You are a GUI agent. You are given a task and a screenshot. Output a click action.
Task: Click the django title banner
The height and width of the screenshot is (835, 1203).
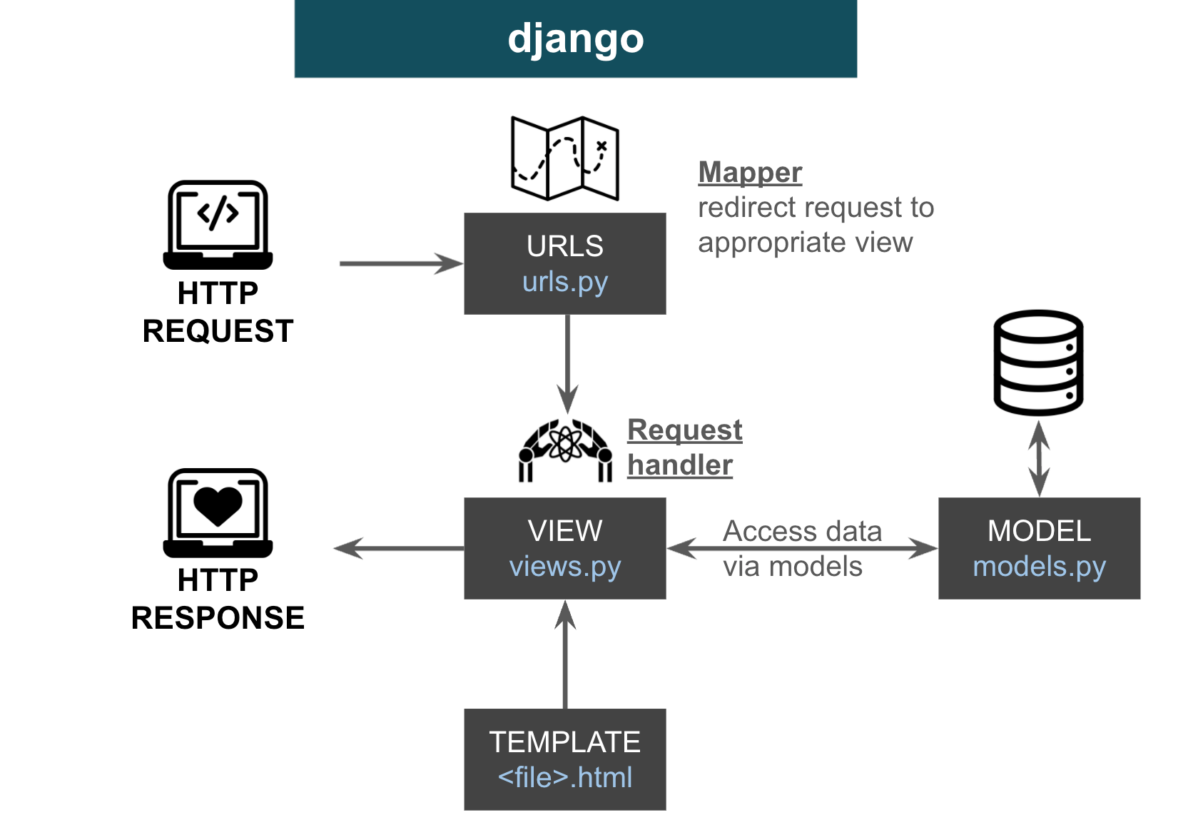point(575,39)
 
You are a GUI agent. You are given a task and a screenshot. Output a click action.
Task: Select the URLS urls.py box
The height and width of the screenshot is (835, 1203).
point(564,263)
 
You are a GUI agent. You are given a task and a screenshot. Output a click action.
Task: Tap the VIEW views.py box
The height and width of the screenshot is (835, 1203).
point(564,548)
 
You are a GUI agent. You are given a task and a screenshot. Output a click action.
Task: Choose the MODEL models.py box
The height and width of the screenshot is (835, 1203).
point(1039,548)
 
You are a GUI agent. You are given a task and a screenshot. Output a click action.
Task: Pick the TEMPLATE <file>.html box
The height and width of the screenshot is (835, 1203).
point(564,759)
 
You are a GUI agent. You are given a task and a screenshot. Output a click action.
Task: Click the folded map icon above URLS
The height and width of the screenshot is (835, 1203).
point(564,158)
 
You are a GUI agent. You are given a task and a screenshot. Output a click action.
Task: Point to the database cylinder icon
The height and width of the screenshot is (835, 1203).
point(1038,363)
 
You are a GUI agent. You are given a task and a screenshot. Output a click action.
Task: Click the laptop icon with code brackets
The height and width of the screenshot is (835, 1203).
point(218,224)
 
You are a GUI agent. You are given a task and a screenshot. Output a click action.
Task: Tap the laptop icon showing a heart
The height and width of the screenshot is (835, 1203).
point(218,512)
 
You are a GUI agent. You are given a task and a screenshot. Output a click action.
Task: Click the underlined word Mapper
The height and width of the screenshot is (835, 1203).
point(750,173)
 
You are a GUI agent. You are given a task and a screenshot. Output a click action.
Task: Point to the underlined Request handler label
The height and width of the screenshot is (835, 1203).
point(684,447)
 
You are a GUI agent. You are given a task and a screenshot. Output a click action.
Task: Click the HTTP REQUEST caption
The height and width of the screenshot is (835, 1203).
point(218,312)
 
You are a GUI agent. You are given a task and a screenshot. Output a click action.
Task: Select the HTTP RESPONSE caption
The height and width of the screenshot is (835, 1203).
point(218,599)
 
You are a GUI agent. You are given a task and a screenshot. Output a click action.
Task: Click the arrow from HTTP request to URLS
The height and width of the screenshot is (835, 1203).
point(401,263)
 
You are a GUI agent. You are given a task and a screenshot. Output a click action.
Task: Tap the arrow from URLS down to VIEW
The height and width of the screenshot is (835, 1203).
point(567,363)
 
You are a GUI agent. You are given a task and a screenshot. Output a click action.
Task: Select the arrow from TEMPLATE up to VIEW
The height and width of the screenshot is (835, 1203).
point(565,654)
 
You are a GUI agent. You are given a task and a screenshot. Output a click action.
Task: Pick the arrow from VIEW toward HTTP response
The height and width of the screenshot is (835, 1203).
point(400,548)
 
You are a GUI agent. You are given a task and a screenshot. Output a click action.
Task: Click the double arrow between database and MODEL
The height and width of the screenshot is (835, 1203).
point(1039,458)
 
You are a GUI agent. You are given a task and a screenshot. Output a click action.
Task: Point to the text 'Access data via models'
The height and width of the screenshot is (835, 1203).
point(801,548)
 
